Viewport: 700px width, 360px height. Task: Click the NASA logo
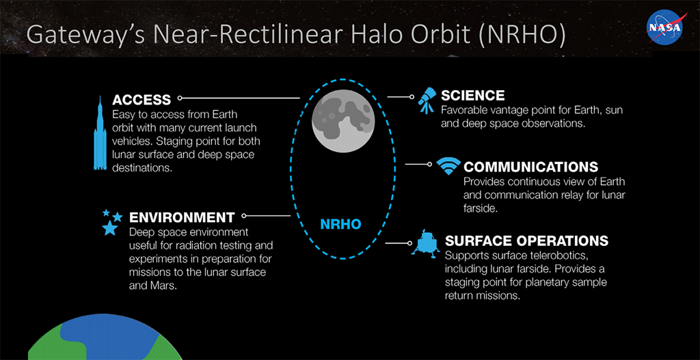(665, 27)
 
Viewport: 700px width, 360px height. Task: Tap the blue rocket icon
(100, 133)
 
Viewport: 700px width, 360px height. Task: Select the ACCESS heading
(142, 100)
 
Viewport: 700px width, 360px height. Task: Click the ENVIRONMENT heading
(182, 218)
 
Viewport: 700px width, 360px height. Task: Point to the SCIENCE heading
(473, 96)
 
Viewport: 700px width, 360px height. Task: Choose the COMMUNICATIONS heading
(530, 167)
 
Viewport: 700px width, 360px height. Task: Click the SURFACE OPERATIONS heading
(527, 241)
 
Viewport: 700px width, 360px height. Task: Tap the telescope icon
(427, 101)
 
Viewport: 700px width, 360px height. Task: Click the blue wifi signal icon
(448, 167)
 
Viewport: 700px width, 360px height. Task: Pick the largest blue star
(110, 228)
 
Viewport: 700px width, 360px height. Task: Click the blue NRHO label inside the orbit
(340, 224)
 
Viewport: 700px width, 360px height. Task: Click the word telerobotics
(570, 258)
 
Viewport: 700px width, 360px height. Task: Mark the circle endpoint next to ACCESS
(180, 98)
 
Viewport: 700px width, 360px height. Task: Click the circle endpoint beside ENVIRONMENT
(244, 215)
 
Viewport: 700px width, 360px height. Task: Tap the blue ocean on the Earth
(107, 335)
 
